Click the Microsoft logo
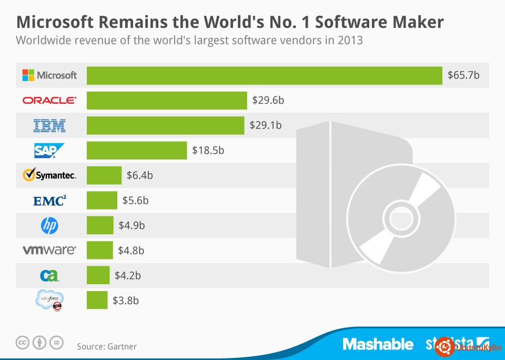(49, 75)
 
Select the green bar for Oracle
(167, 100)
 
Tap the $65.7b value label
(463, 75)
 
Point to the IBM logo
(49, 125)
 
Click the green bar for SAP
(137, 150)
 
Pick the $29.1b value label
(266, 125)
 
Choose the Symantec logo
(49, 175)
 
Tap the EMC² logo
(49, 201)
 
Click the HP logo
(49, 225)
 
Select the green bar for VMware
(100, 250)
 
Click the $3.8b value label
(126, 301)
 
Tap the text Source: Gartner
(107, 346)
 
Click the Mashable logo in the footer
(378, 344)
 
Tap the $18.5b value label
(209, 151)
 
